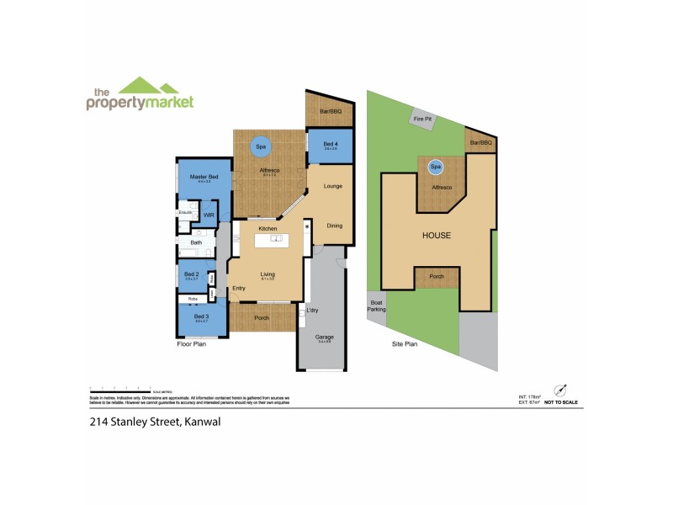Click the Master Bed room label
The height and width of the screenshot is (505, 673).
coord(199,176)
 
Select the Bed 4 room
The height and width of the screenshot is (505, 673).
coord(324,146)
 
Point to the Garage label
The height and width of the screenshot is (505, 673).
coord(324,338)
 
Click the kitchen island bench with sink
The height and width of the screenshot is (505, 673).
coord(275,241)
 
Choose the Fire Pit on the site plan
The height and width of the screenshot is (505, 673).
coord(421,120)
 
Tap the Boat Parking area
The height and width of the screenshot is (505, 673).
coord(376,307)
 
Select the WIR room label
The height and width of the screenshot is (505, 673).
coord(208,215)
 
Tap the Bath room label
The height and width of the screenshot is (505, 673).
coord(196,243)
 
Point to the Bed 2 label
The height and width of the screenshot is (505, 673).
coord(191,274)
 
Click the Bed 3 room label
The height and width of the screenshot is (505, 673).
coord(200,316)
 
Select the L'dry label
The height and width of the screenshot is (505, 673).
coord(312,311)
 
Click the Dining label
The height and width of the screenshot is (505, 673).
coord(334,226)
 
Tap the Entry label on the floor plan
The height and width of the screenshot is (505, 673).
coord(240,288)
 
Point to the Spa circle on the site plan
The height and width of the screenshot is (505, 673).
coord(436,167)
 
